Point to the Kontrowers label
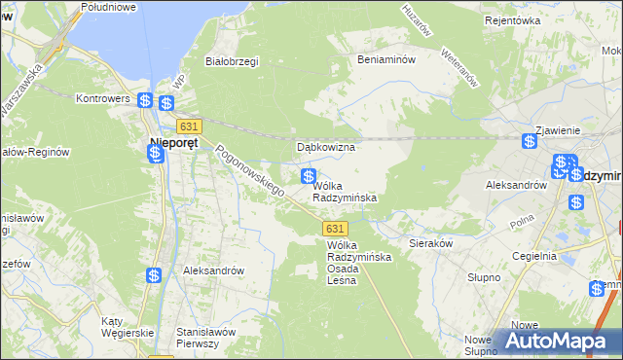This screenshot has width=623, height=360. (x=104, y=99)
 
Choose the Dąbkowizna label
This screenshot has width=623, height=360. (x=325, y=147)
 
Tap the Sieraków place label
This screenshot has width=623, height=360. (x=432, y=244)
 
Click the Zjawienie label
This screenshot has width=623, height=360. (x=559, y=130)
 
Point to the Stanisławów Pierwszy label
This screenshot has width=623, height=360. (x=206, y=338)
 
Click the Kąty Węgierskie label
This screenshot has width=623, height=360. (x=127, y=327)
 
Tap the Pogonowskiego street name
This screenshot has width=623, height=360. (x=249, y=172)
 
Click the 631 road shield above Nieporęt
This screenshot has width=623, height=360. (x=189, y=126)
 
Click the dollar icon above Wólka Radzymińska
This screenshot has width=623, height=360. (x=308, y=176)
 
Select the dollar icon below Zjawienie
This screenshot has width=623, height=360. (x=529, y=141)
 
